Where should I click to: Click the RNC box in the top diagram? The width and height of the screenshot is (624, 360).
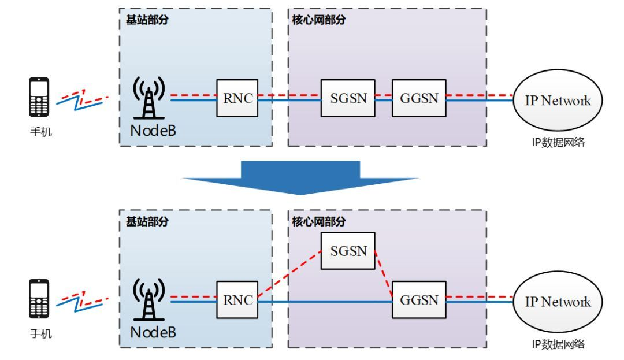[237, 98]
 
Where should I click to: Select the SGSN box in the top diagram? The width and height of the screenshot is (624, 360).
[348, 98]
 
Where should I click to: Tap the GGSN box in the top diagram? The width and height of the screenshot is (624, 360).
[419, 98]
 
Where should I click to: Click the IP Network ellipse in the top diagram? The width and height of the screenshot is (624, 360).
[558, 101]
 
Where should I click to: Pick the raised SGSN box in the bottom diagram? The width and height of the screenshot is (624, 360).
[348, 251]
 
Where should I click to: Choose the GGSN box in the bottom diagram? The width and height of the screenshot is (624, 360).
[419, 300]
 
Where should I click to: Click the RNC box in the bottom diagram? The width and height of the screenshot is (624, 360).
[237, 300]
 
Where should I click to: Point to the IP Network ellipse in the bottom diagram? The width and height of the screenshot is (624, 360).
[558, 302]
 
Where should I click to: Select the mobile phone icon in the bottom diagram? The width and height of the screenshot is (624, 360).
[39, 299]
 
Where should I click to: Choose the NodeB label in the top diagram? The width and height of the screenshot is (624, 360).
[153, 131]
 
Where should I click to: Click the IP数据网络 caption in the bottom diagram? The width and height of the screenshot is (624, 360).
[558, 344]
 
